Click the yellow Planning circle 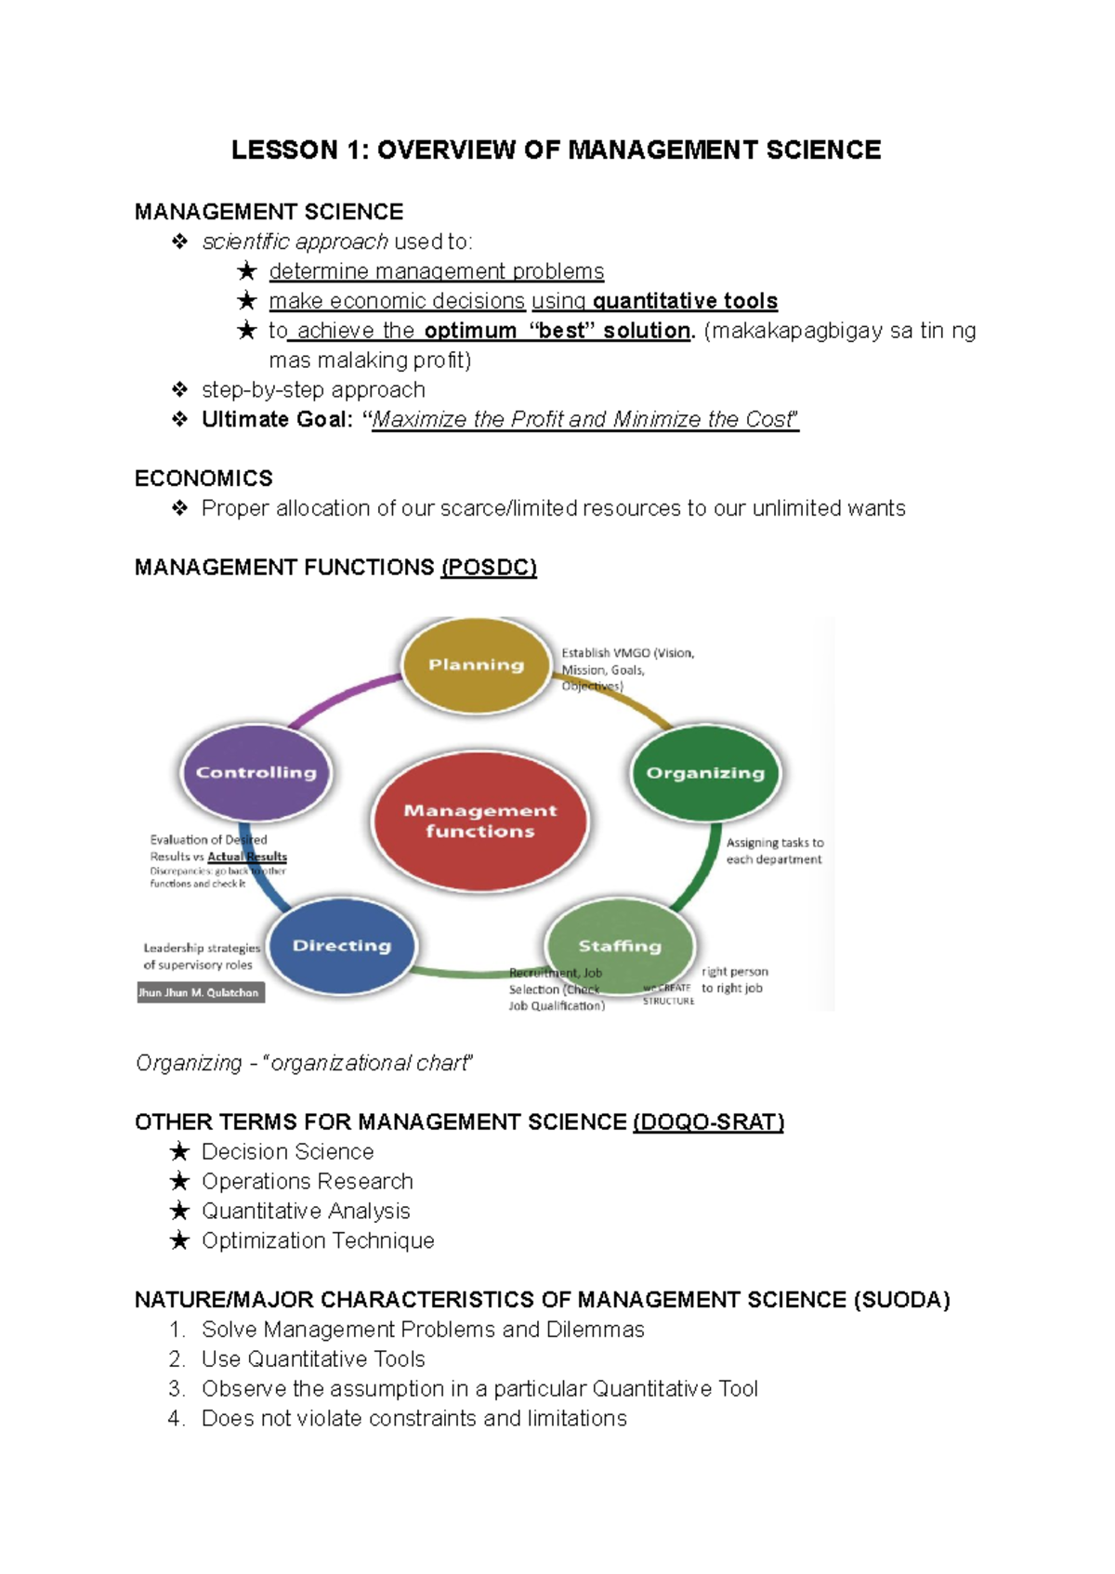pos(477,665)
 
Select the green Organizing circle pos(705,773)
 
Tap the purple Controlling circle pos(256,773)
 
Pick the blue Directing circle pos(342,946)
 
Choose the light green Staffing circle pos(620,946)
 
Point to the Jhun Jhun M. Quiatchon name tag pos(200,992)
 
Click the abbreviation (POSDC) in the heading pos(489,568)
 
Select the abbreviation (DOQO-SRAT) pos(708,1122)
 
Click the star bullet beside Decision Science pos(180,1152)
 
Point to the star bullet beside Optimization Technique pos(180,1241)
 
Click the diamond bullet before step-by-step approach pos(180,390)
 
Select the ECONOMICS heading pos(203,479)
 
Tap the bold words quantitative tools pos(685,301)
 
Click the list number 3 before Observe pos(177,1389)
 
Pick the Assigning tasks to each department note pos(774,851)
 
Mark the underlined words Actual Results pos(247,857)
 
